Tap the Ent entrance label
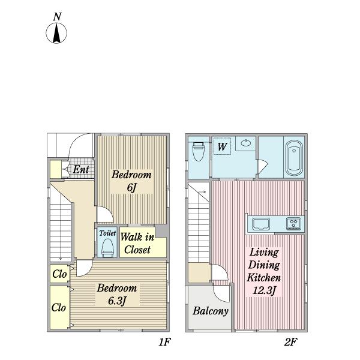coord(81,170)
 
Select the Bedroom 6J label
coord(131,181)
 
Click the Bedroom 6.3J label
coord(116,295)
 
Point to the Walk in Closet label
coord(137,244)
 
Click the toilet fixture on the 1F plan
coord(107,248)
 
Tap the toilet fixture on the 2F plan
coord(199,152)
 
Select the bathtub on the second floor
coord(294,157)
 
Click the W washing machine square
coord(222,146)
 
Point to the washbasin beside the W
coord(246,143)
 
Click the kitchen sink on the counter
coord(261,224)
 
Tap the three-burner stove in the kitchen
coord(293,224)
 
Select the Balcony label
coord(211,311)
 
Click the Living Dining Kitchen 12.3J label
coord(264,272)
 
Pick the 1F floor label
coord(164,342)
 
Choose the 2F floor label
coord(290,342)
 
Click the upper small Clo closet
coord(59,274)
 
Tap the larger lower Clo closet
coord(59,307)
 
